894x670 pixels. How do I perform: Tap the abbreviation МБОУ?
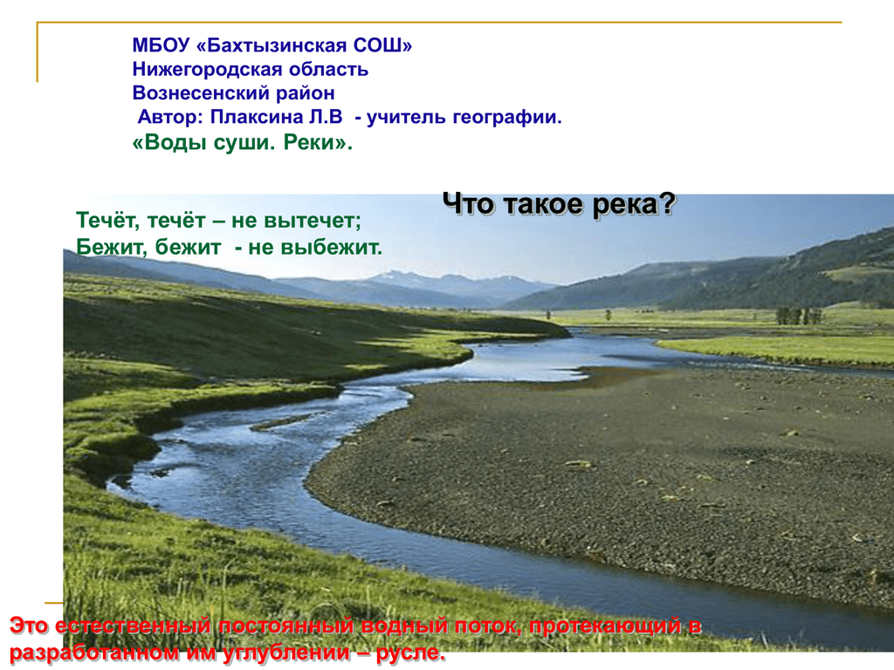click(161, 45)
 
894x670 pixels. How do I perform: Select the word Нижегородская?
click(208, 70)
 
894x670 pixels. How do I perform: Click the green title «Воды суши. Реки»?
click(243, 142)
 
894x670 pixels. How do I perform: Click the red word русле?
click(410, 653)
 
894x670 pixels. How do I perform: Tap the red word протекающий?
click(606, 626)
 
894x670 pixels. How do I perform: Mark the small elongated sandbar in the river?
click(280, 423)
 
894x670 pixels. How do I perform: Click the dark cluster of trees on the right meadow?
click(798, 316)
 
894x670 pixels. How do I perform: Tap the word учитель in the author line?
click(407, 117)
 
